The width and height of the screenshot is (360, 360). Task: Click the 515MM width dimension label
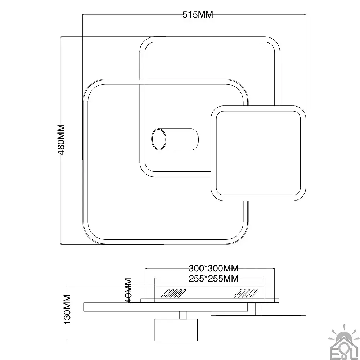198,15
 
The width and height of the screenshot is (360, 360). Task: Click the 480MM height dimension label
61,140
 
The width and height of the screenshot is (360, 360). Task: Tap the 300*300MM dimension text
213,268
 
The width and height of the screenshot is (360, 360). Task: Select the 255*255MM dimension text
213,279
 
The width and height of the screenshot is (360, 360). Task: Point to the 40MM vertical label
129,291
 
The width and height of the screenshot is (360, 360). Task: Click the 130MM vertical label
67,309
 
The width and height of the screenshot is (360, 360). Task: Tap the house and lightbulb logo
344,342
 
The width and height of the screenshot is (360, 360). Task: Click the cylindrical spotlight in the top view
175,139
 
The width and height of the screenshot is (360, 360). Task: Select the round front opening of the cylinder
159,139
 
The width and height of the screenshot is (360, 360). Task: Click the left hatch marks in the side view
174,293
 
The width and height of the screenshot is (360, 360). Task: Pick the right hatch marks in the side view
246,293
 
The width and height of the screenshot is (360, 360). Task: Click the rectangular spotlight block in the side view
176,330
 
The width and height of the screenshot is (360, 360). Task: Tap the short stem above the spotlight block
183,315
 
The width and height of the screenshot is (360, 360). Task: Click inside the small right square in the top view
258,153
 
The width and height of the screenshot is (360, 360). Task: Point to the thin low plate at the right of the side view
258,314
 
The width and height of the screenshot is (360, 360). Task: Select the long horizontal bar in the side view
166,307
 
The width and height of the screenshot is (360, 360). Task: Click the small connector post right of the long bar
258,307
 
